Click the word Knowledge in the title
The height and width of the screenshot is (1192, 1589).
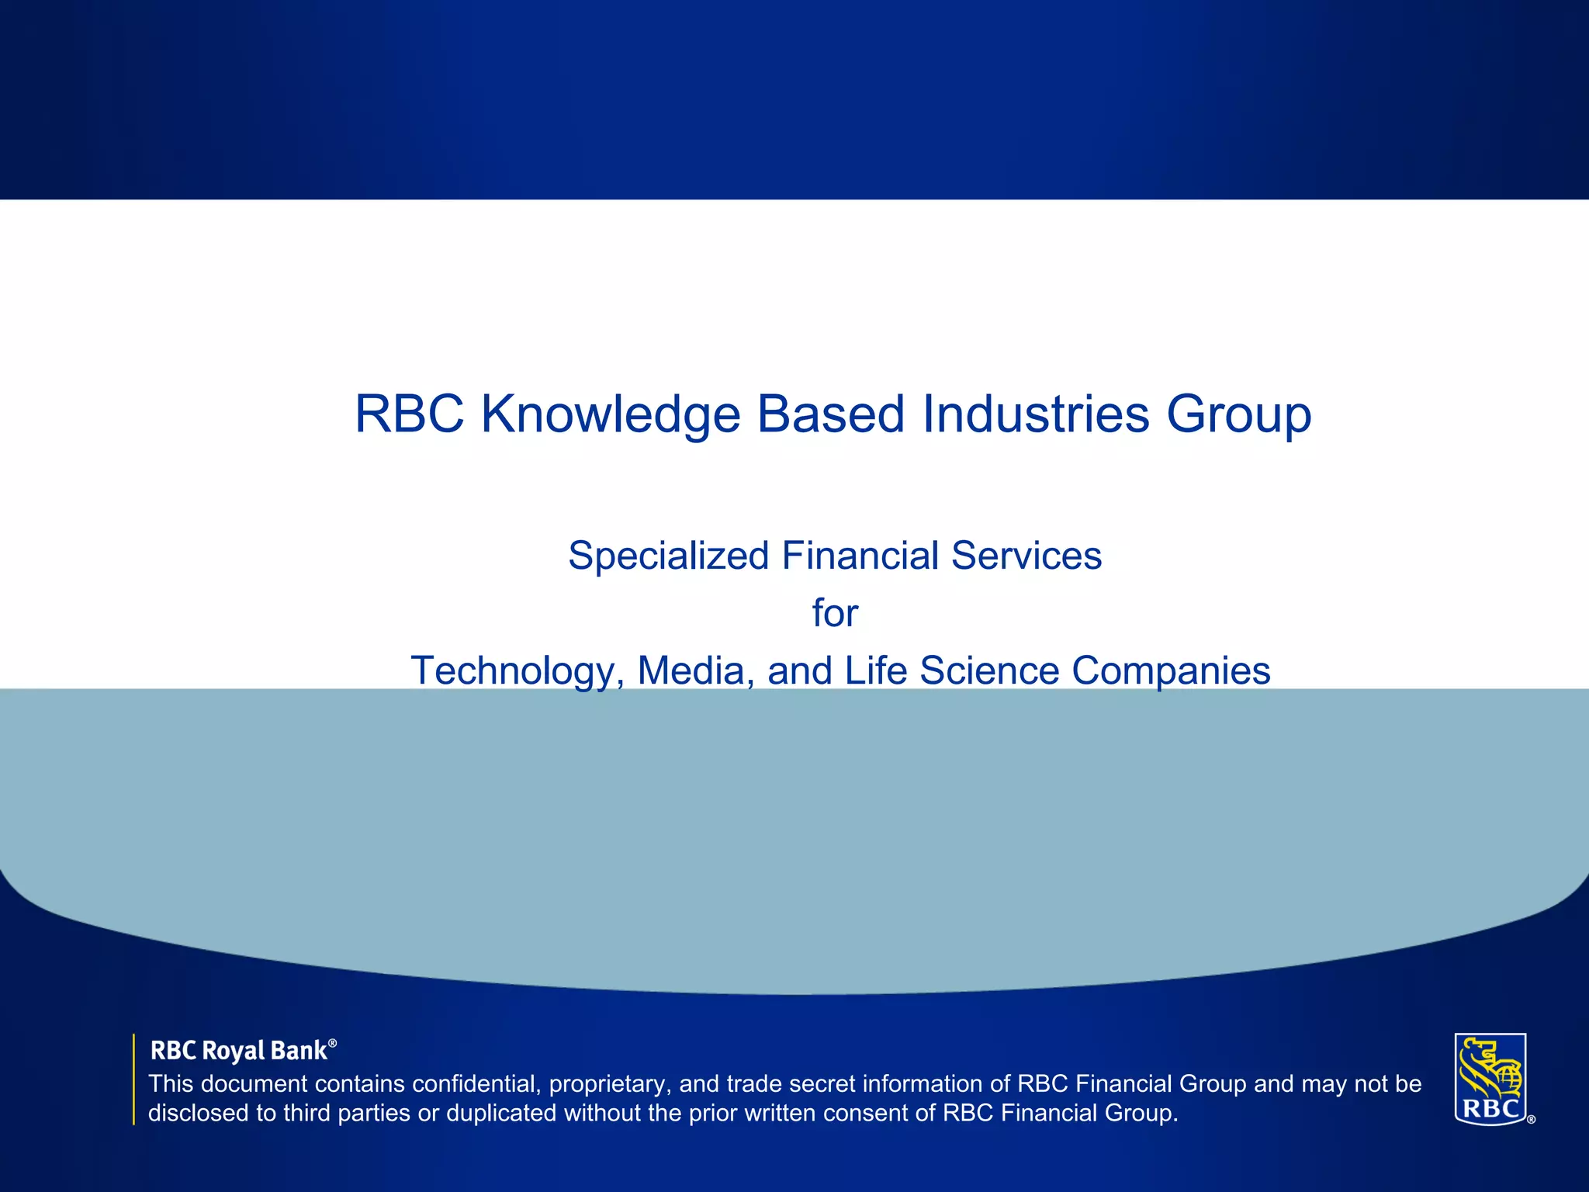point(610,414)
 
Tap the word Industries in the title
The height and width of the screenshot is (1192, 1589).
point(1035,414)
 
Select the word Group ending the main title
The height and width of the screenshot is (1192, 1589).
point(1238,414)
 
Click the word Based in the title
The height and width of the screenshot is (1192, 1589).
point(830,414)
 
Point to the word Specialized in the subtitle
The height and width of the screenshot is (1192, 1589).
point(668,556)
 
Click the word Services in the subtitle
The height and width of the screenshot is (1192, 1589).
point(1026,556)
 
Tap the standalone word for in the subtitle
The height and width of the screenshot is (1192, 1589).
point(835,613)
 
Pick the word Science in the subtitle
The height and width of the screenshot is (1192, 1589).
point(989,670)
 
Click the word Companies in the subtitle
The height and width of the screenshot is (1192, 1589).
point(1171,670)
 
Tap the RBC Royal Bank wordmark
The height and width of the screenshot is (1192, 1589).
point(238,1051)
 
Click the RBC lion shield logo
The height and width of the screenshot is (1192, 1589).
point(1490,1078)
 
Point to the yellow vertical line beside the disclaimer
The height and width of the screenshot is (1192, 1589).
point(134,1079)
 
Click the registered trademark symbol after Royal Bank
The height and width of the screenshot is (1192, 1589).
point(333,1044)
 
